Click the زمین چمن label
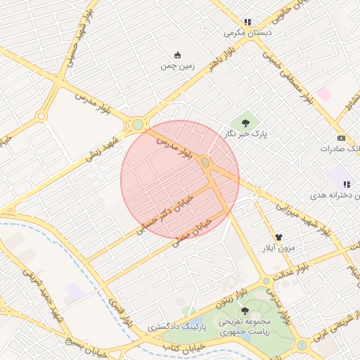[x=177, y=67]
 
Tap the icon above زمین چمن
[x=177, y=55]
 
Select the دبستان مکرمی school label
[x=247, y=32]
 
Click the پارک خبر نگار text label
[x=255, y=132]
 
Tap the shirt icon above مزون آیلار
[x=279, y=238]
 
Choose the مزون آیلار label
[x=279, y=249]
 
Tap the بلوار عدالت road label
[x=291, y=274]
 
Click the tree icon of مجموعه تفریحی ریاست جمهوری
[x=245, y=311]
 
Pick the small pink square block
[x=323, y=94]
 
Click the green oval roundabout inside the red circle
[x=205, y=163]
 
